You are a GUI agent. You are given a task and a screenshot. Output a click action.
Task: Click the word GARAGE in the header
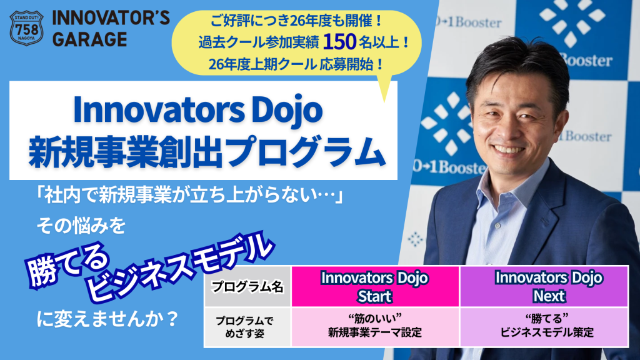point(89,39)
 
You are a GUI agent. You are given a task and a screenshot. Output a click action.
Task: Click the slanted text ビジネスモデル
point(181,266)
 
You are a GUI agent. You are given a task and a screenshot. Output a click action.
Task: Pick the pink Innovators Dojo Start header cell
point(374,286)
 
